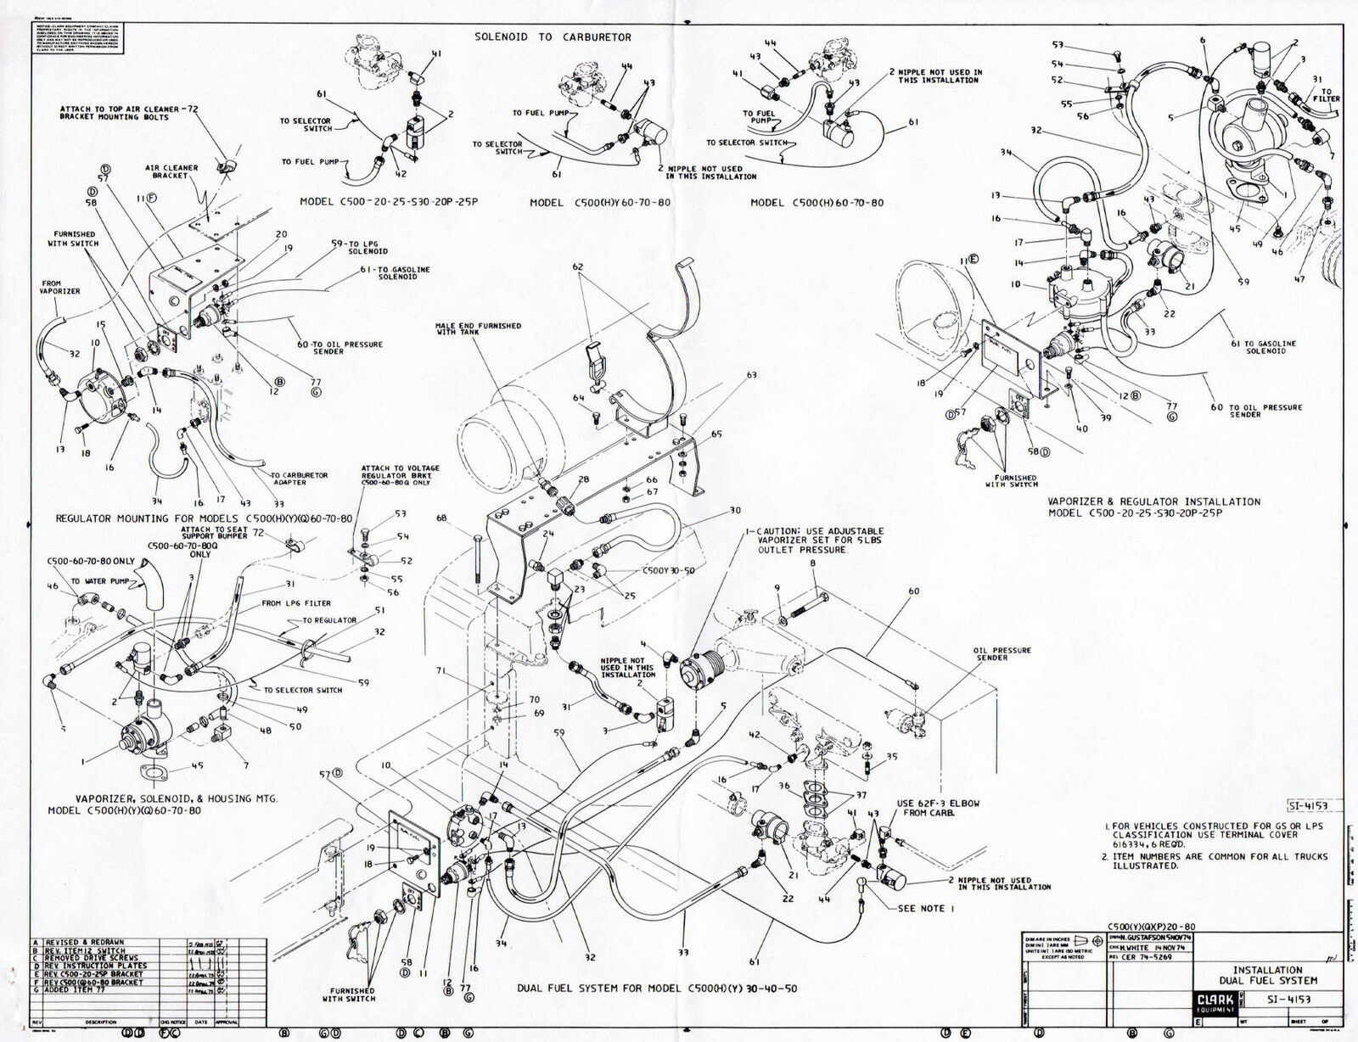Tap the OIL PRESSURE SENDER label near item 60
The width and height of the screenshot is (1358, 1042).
1002,654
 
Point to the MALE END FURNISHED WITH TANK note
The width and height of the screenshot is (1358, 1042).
478,328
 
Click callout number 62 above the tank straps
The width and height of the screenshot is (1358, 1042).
578,267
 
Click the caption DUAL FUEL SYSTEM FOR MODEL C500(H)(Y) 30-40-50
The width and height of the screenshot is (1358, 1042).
657,989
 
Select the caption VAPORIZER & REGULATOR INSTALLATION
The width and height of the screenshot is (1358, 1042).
1153,501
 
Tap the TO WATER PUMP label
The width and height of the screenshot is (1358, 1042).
99,581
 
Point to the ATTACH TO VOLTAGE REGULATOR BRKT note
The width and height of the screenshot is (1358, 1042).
400,475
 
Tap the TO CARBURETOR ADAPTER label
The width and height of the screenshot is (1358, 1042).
299,479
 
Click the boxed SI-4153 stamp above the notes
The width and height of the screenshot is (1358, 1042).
1306,805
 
